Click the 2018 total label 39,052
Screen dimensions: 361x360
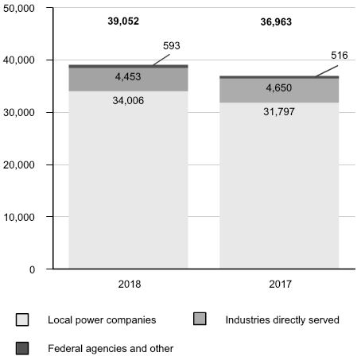[x=123, y=21]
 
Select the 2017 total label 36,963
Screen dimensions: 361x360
[x=276, y=22]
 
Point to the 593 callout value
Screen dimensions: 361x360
[x=172, y=46]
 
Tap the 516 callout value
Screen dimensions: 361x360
[x=340, y=56]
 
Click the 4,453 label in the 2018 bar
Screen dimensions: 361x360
[x=128, y=77]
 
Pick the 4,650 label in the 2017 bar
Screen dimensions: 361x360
[x=279, y=88]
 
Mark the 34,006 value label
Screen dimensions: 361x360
[x=128, y=101]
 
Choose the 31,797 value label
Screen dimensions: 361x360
[x=279, y=112]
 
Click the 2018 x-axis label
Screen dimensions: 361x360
[x=130, y=285]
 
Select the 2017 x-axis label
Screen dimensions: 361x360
[x=280, y=285]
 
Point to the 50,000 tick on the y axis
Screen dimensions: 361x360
[x=19, y=8]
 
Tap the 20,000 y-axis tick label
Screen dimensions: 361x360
[x=19, y=165]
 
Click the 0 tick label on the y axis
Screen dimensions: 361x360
[x=32, y=269]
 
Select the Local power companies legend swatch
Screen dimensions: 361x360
[x=22, y=319]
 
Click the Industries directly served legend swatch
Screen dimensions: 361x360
[x=200, y=319]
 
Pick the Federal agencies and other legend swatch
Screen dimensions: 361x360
[x=22, y=348]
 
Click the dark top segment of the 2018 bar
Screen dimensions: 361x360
[x=128, y=66]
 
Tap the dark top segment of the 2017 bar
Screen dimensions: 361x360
[x=279, y=77]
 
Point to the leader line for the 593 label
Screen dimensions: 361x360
[x=161, y=60]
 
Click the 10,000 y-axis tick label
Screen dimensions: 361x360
[x=19, y=217]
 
